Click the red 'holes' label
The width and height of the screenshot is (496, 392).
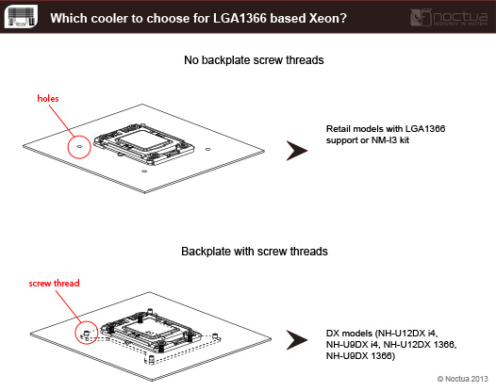click(48, 98)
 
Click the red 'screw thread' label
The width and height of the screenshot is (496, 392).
click(54, 283)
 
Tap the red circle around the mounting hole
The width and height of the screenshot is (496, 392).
click(68, 147)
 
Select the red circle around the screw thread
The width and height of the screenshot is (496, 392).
click(75, 333)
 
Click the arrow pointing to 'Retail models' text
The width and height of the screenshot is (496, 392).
click(296, 151)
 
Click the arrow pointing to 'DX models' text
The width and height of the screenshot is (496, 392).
click(296, 340)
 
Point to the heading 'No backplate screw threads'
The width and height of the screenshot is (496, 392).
click(254, 60)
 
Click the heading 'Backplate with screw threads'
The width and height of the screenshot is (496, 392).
click(255, 252)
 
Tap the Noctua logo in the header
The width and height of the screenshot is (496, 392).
click(449, 17)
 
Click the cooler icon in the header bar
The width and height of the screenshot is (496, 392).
click(21, 16)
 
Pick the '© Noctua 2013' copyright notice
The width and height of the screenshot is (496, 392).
click(462, 379)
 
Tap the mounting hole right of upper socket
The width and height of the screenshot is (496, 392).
click(207, 149)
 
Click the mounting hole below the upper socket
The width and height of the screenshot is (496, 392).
click(144, 171)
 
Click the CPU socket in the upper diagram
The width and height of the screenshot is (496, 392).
click(144, 144)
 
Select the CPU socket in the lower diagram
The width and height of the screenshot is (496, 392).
click(151, 331)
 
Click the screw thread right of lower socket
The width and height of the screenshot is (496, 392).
click(215, 335)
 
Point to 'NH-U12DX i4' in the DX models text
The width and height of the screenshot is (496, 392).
click(407, 334)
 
